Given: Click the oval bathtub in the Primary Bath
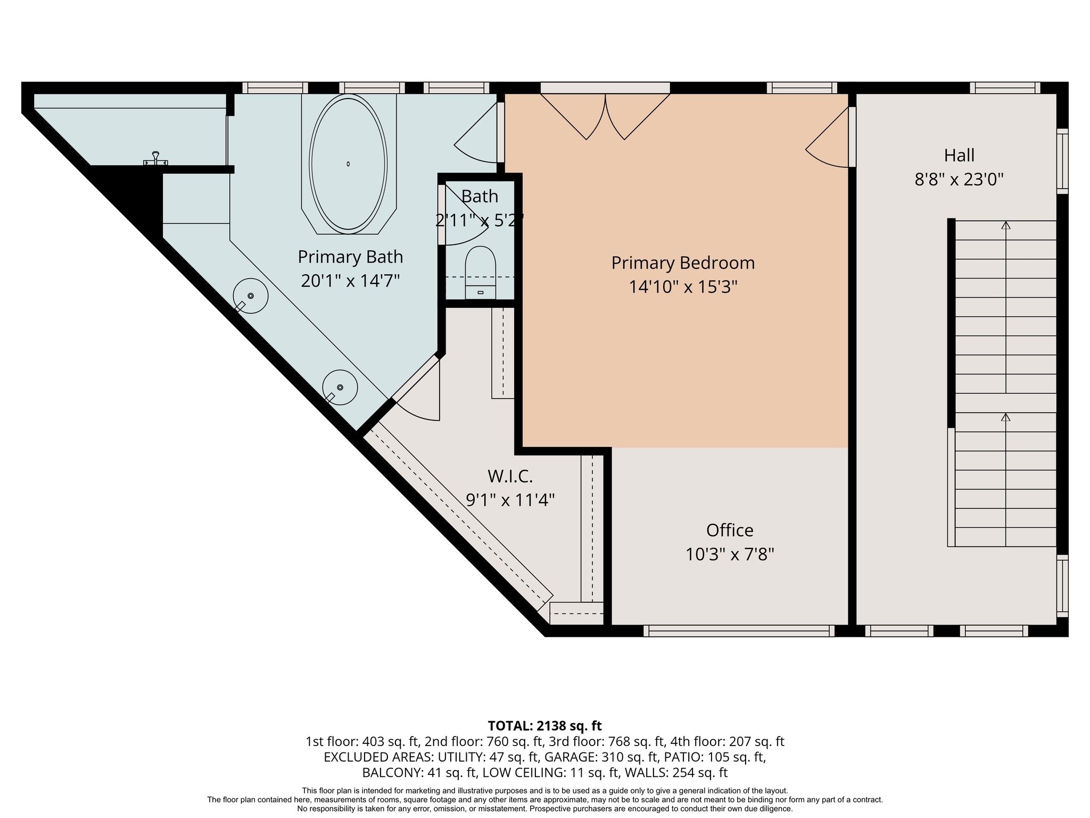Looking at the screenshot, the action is click(x=348, y=164).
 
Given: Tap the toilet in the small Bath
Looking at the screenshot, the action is click(x=481, y=272).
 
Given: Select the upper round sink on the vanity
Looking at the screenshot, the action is click(x=250, y=296).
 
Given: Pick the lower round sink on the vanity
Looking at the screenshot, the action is click(x=340, y=387).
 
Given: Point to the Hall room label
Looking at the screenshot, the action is click(x=959, y=156).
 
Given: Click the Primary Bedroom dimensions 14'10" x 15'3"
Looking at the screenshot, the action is click(x=683, y=287).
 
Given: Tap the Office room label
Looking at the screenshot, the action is click(x=730, y=530).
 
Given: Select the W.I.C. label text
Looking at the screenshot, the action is click(x=510, y=476).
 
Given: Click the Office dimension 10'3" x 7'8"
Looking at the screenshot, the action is click(x=730, y=554).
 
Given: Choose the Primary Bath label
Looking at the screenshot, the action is click(x=350, y=257).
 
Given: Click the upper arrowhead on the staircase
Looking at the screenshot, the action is click(x=1005, y=225).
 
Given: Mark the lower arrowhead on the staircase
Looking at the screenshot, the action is click(x=1005, y=417).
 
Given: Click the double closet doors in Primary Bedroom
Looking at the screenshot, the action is click(x=605, y=117).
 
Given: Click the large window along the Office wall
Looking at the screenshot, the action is click(x=739, y=631).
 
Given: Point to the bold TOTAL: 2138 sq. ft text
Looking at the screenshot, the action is click(x=544, y=725).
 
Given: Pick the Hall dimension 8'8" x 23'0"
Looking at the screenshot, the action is click(x=959, y=179).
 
